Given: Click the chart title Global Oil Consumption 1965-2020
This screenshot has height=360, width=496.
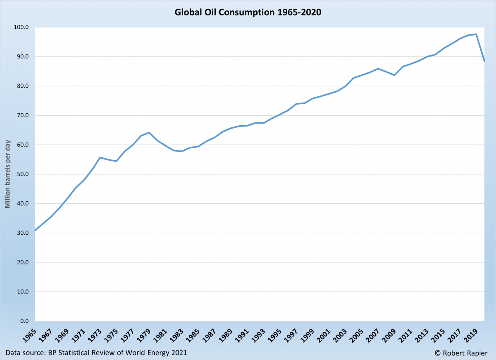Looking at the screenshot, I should click(248, 12).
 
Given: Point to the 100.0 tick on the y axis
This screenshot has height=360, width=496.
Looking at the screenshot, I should click(21, 27).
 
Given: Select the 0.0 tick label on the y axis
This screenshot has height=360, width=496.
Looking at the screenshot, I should click(24, 321).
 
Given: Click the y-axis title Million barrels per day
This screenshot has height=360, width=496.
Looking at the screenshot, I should click(7, 174).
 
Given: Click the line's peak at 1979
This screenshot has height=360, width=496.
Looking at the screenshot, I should click(149, 132).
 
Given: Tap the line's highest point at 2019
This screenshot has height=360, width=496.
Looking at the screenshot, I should click(476, 34).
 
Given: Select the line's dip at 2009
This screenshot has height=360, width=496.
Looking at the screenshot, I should click(394, 75).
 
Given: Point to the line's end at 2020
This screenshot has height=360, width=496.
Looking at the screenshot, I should click(484, 61).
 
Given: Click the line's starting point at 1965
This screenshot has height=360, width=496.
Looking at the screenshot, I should click(35, 231).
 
